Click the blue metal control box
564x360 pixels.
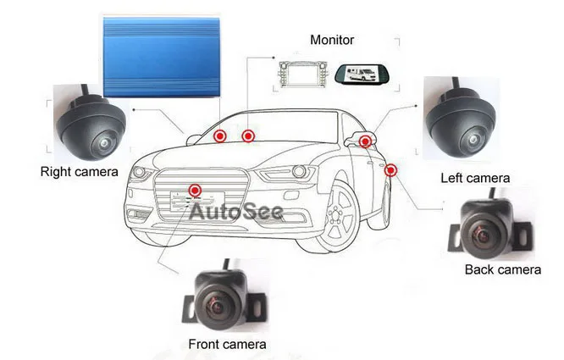point(161,55)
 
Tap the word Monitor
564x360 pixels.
point(333,40)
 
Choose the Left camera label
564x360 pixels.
point(475,178)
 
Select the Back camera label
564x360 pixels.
point(502,269)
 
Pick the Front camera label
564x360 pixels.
point(227,344)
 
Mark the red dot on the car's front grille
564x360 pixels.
point(196,190)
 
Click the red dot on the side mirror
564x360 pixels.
point(365,141)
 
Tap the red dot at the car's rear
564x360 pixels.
point(390,170)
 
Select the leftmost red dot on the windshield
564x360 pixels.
point(219,136)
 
